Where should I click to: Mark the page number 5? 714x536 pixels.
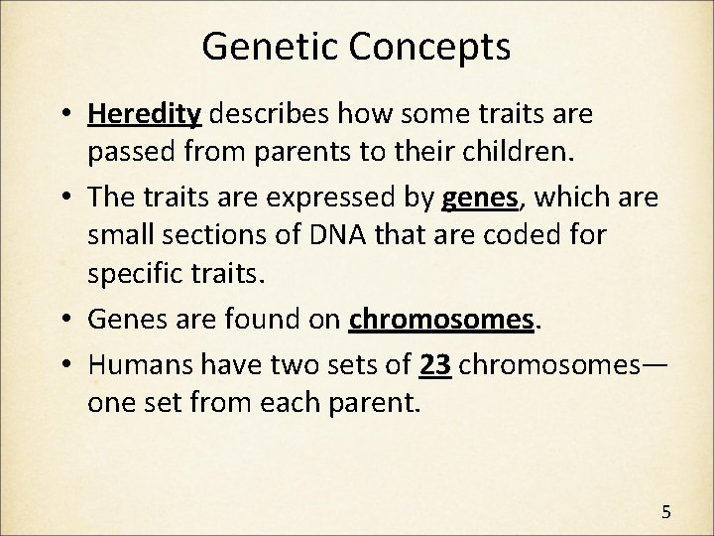665,512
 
